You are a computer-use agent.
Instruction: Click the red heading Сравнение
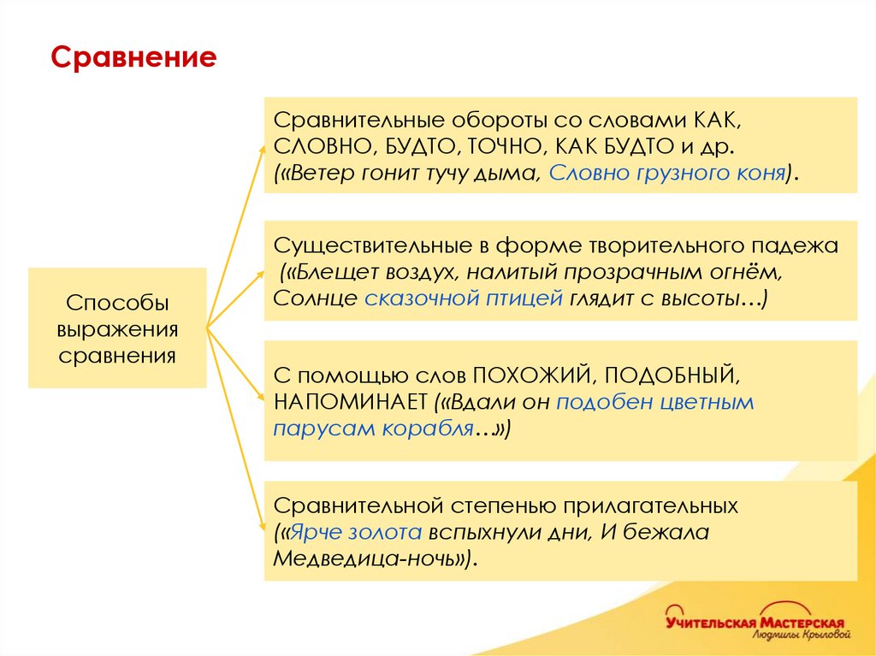click(133, 58)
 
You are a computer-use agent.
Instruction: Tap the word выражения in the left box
click(117, 329)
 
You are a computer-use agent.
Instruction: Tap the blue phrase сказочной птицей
click(463, 299)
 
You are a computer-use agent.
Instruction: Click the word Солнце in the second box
click(315, 299)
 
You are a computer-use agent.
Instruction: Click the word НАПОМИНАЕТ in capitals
click(351, 402)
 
